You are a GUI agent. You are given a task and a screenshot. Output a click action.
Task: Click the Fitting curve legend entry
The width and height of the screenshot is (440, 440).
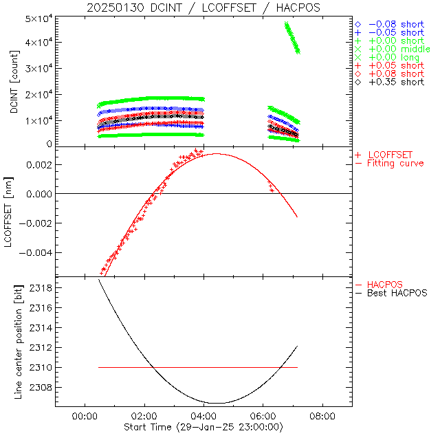[395, 163]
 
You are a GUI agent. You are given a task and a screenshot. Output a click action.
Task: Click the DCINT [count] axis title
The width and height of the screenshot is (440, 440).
[14, 81]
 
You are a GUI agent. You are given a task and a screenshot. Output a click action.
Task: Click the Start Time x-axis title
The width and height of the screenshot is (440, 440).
[203, 428]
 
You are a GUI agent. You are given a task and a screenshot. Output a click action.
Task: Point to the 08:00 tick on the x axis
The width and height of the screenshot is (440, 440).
[322, 416]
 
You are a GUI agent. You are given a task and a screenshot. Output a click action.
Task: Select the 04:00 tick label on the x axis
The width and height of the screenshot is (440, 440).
[203, 416]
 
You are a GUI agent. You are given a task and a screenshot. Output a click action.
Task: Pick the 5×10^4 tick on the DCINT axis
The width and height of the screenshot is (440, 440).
[40, 19]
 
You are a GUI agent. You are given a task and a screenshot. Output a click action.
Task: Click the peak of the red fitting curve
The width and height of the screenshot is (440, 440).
[216, 154]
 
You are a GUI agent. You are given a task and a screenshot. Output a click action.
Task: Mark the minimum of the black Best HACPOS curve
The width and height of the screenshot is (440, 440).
[216, 403]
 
